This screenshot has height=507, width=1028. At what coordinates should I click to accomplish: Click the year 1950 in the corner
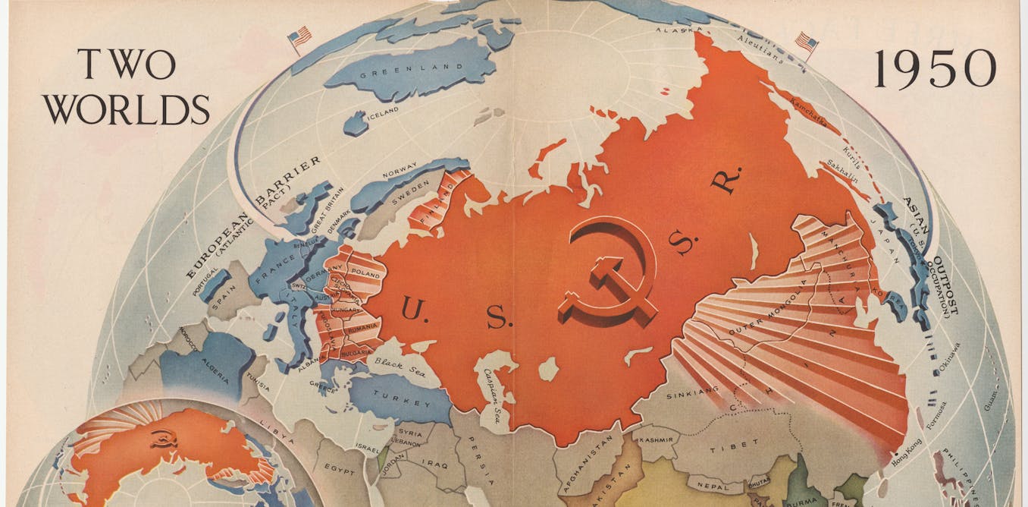click(935, 69)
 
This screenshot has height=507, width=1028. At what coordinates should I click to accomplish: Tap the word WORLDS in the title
click(126, 110)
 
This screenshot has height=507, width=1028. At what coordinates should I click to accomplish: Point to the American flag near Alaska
click(806, 43)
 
